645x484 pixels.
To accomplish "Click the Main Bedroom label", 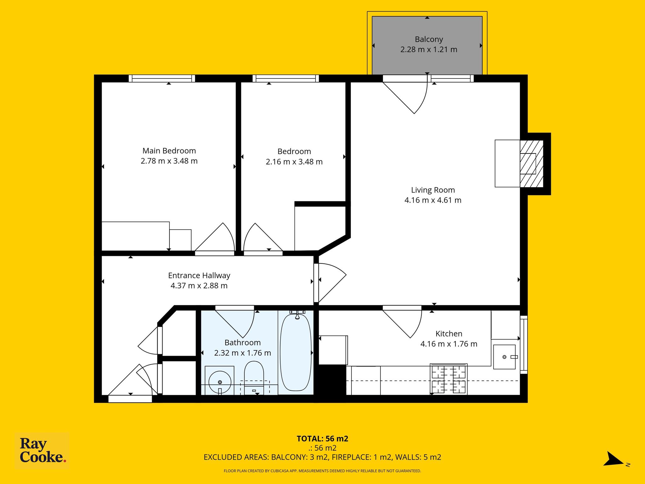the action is click(x=169, y=151).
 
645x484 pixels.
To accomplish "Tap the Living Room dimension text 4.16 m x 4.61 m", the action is click(x=433, y=200).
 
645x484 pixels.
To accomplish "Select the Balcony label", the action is click(x=429, y=39).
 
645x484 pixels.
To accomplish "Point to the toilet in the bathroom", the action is click(x=254, y=378).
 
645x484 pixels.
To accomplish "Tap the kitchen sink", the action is click(x=504, y=357).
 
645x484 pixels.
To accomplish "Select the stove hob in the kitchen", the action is click(x=448, y=379).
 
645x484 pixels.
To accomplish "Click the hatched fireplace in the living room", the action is click(x=532, y=164).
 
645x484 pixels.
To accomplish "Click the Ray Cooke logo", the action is click(x=42, y=451).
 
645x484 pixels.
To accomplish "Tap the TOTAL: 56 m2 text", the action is click(x=322, y=439).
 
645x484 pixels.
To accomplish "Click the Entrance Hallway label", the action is click(x=199, y=275).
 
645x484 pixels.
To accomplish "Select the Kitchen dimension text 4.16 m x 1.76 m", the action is click(x=449, y=344).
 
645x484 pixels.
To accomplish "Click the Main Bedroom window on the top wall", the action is click(x=162, y=78).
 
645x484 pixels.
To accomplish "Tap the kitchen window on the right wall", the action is click(x=523, y=345).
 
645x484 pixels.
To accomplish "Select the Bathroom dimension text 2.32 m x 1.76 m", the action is click(x=243, y=353).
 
